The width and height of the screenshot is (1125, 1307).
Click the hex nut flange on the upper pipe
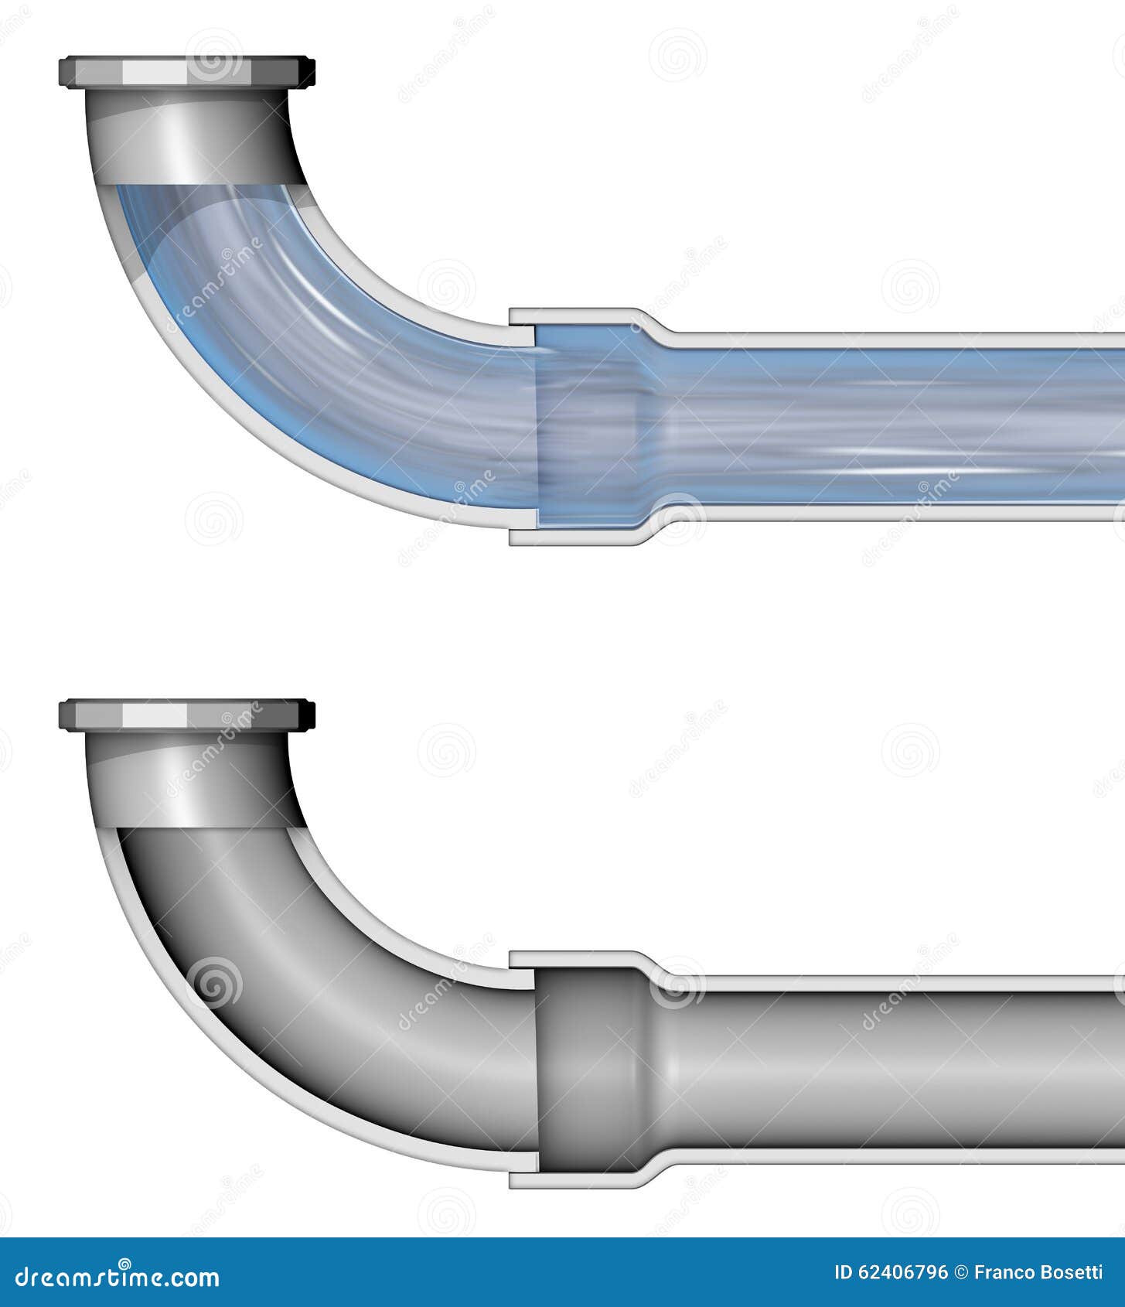(186, 72)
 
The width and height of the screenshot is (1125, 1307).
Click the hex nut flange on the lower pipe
(186, 715)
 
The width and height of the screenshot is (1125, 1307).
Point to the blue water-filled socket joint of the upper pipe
(588, 425)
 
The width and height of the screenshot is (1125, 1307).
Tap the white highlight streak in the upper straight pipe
(889, 450)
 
